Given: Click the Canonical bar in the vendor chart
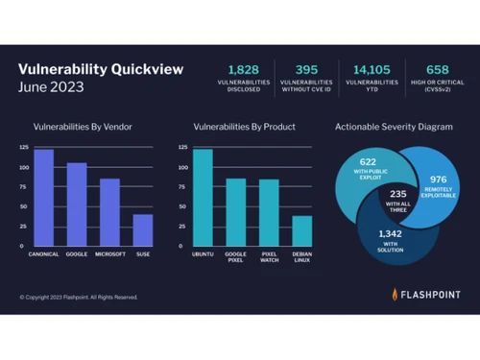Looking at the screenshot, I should (43, 198).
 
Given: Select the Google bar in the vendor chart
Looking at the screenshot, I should (76, 204).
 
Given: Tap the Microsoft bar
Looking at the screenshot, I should (109, 212).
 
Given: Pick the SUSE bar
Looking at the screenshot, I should (143, 230).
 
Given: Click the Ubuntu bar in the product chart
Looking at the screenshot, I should (203, 198).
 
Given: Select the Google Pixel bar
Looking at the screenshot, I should (235, 212).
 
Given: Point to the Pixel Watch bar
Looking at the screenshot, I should (269, 213).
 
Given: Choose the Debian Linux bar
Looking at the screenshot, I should (301, 231).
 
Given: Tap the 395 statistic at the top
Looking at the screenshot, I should (305, 69).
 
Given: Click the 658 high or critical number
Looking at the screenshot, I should (437, 69).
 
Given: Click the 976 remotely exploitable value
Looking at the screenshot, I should (437, 178).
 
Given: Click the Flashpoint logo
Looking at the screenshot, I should (425, 295).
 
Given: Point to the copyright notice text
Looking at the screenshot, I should (79, 297).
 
